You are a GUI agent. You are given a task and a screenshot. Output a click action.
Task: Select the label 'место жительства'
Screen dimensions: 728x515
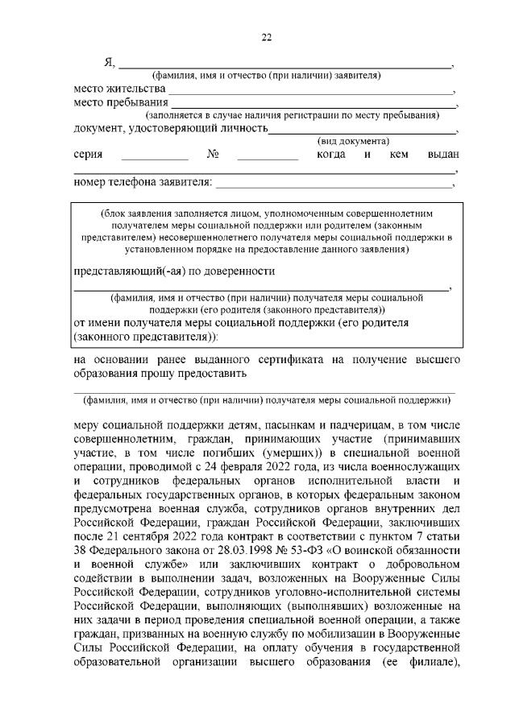click(x=119, y=88)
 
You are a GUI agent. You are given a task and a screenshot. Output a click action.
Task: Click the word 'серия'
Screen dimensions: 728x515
click(x=88, y=155)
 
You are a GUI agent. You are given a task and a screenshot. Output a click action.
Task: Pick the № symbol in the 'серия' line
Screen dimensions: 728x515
click(x=214, y=155)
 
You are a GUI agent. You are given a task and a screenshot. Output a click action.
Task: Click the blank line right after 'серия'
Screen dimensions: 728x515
click(x=154, y=157)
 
